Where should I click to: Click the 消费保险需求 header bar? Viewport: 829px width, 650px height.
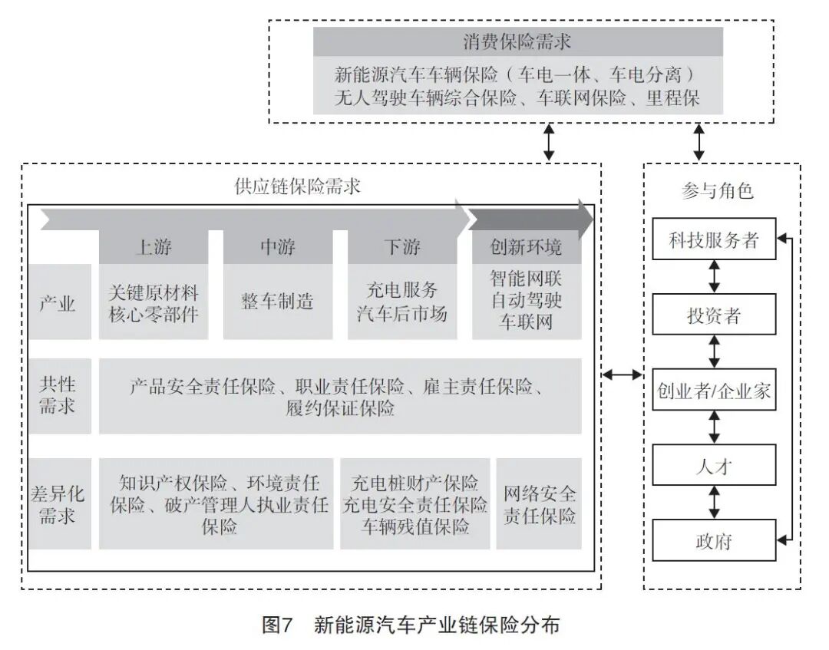coord(517,41)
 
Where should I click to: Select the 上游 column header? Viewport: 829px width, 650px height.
coord(154,247)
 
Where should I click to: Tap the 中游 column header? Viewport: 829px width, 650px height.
coord(278,247)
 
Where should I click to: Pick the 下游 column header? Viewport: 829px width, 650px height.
coord(402,247)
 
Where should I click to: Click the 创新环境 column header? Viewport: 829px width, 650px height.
coord(527,247)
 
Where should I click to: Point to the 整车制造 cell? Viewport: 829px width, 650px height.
coord(278,302)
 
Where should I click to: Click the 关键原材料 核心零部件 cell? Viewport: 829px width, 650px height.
coord(154,302)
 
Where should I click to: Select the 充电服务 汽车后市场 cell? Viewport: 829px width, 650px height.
coord(402,302)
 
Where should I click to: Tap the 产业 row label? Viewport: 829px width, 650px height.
coord(58,303)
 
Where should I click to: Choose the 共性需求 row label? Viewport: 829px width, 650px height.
coord(58,395)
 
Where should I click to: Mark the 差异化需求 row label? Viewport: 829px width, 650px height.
coord(58,504)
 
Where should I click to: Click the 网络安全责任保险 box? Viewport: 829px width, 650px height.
coord(539,504)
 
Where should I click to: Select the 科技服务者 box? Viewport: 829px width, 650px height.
coord(714,239)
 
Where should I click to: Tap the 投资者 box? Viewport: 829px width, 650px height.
coord(714,315)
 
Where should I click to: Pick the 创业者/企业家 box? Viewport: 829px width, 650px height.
coord(714,391)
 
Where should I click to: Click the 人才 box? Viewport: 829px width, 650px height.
coord(714,466)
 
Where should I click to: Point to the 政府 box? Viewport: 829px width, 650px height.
coord(714,541)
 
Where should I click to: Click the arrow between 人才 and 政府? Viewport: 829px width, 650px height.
coord(715,503)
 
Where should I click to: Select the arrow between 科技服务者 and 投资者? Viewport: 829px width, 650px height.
coord(715,277)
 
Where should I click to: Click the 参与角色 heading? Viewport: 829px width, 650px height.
coord(717,191)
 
